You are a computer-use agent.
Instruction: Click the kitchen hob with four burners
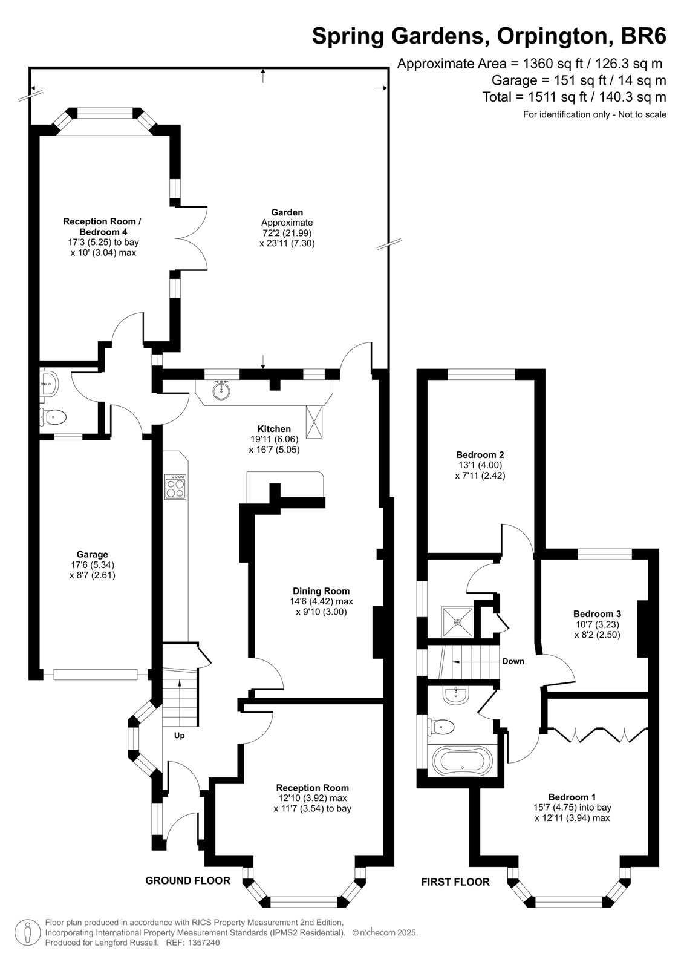coord(175,487)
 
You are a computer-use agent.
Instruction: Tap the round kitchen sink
coord(222,391)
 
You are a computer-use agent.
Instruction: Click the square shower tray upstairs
coord(457,622)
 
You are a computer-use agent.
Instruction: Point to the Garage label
coord(92,554)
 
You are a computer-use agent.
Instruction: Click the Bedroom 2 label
coord(480,454)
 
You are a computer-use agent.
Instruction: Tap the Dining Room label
coord(321,590)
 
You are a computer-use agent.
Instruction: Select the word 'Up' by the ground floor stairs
coord(180,736)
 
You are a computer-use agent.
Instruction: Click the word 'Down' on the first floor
coord(513,661)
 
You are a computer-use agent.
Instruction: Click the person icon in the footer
coord(27,934)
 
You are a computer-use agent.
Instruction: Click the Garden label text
coord(287,212)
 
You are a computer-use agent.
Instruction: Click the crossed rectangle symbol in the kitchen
coord(314,421)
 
